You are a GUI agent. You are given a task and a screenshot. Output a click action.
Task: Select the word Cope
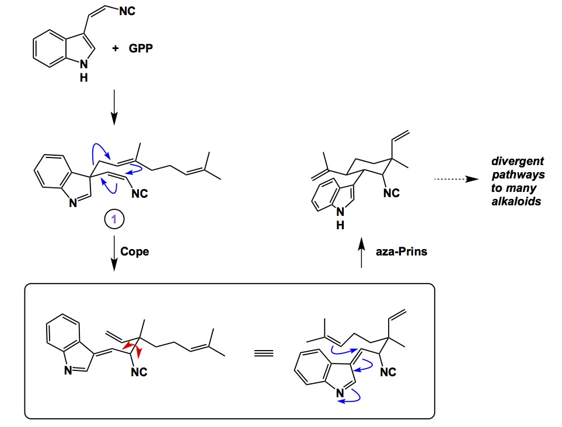pos(135,252)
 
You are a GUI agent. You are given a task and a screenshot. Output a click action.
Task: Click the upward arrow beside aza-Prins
pos(362,252)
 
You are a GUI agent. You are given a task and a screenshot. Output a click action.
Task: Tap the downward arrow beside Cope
pos(113,252)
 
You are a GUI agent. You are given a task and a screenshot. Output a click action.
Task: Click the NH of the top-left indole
pos(84,71)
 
